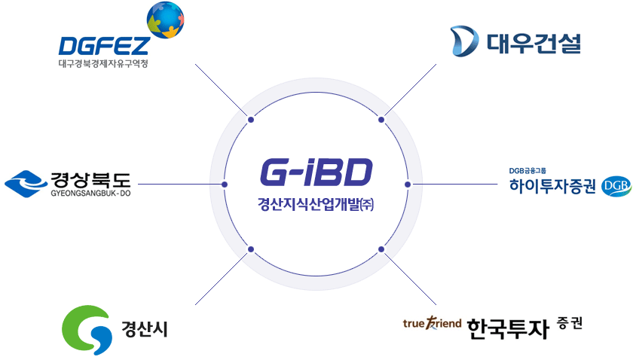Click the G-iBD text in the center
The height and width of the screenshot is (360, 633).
pos(316,172)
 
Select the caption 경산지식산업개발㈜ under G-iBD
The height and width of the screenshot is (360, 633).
pos(316,204)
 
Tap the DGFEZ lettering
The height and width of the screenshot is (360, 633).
pos(104,46)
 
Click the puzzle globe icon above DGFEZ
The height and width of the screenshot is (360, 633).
pos(166,20)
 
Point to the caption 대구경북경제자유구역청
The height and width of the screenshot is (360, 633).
pos(103,64)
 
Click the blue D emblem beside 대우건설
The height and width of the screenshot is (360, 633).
pos(464,41)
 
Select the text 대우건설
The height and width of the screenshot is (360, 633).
pos(534,43)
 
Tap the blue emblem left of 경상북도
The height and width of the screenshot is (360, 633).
pos(26,184)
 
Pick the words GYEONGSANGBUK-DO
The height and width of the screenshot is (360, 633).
pos(91,194)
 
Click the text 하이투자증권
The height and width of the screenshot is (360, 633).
pos(552,186)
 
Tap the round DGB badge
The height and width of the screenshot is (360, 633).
pos(616,187)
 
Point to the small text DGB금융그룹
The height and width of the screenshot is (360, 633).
pos(527,171)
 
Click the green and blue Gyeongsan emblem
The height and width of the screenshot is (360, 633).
pos(87,330)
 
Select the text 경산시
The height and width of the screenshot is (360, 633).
pos(145,329)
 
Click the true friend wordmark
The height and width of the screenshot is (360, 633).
pos(432,323)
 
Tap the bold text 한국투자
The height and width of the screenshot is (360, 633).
pos(508,328)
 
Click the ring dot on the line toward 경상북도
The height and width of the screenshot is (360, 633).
pos(225,185)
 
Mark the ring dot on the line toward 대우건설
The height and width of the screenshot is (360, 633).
pos(381,120)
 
